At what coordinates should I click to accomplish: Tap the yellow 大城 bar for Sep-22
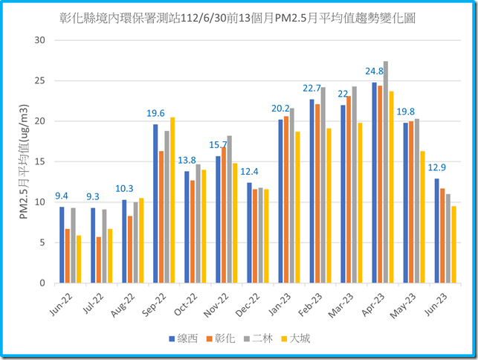[172, 200]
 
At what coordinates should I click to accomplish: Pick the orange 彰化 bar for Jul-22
[99, 260]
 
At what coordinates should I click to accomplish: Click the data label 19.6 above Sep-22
[155, 114]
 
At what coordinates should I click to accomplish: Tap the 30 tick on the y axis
[40, 40]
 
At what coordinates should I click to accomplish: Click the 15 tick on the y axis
[40, 161]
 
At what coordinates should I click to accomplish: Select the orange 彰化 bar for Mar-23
[349, 190]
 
